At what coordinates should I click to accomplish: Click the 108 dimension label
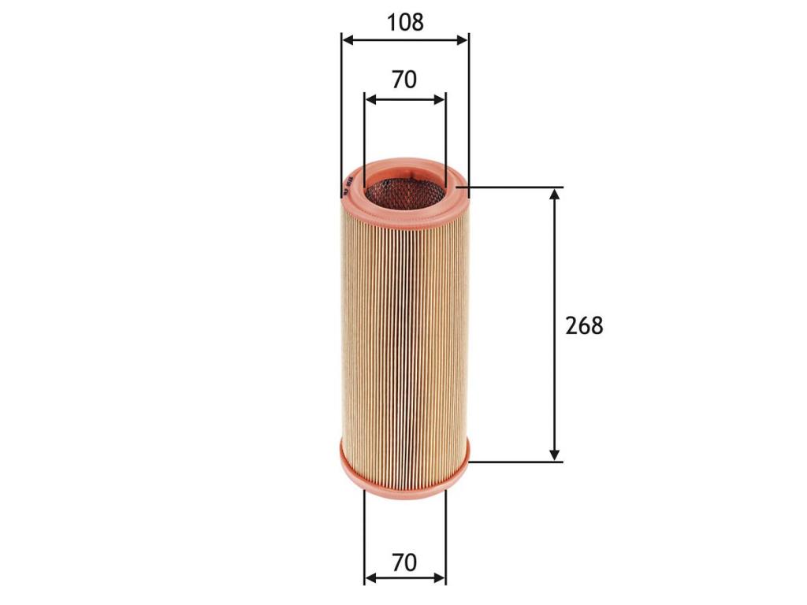tap(405, 22)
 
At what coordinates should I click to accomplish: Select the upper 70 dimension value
tap(404, 80)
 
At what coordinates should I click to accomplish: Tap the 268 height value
tap(584, 325)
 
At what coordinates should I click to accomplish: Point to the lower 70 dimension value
tap(404, 562)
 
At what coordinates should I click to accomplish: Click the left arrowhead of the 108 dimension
tap(348, 40)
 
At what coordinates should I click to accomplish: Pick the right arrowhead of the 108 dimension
tap(463, 40)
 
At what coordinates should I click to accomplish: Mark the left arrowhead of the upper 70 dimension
tap(370, 99)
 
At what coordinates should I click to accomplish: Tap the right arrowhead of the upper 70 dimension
tap(439, 99)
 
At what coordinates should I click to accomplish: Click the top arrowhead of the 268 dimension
tap(554, 195)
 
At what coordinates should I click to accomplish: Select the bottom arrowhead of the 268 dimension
tap(554, 455)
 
